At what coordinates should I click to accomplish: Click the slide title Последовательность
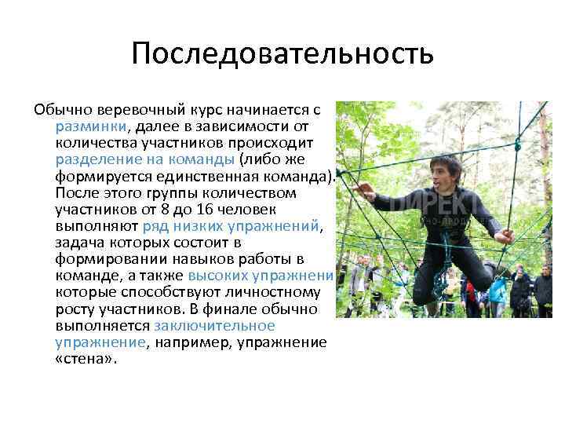tap(282, 54)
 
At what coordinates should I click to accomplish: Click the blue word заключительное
tap(214, 325)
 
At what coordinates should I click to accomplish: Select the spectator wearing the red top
tap(470, 298)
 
